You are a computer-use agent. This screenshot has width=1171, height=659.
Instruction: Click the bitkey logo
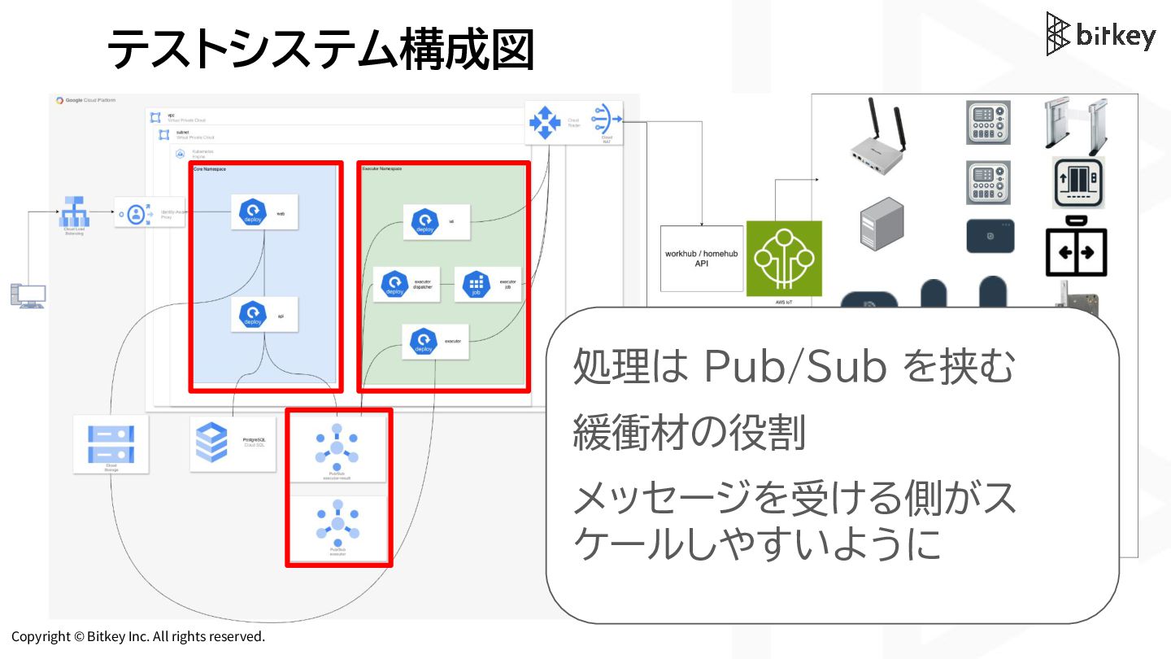click(x=1100, y=34)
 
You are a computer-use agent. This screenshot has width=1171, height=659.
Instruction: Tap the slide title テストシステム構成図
click(x=320, y=49)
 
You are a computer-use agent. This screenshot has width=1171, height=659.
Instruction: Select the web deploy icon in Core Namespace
click(x=250, y=213)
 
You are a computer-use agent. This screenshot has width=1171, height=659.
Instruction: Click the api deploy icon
click(x=250, y=315)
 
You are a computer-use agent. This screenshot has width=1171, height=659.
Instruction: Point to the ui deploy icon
click(x=424, y=221)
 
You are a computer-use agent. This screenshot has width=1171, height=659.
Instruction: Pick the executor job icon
click(x=476, y=284)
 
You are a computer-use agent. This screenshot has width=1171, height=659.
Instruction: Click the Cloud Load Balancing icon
click(x=75, y=213)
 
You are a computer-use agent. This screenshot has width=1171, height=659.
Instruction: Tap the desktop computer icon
click(x=28, y=295)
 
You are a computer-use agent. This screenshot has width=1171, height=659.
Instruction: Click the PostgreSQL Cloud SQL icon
click(x=212, y=441)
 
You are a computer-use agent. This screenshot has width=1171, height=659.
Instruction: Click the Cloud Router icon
click(x=545, y=122)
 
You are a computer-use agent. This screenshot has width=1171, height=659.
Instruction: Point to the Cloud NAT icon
click(x=606, y=120)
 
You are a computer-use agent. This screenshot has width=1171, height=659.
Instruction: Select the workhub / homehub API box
click(x=701, y=259)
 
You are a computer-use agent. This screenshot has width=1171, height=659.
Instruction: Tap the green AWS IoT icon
click(x=783, y=259)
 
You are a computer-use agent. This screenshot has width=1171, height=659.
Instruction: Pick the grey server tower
click(x=882, y=222)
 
